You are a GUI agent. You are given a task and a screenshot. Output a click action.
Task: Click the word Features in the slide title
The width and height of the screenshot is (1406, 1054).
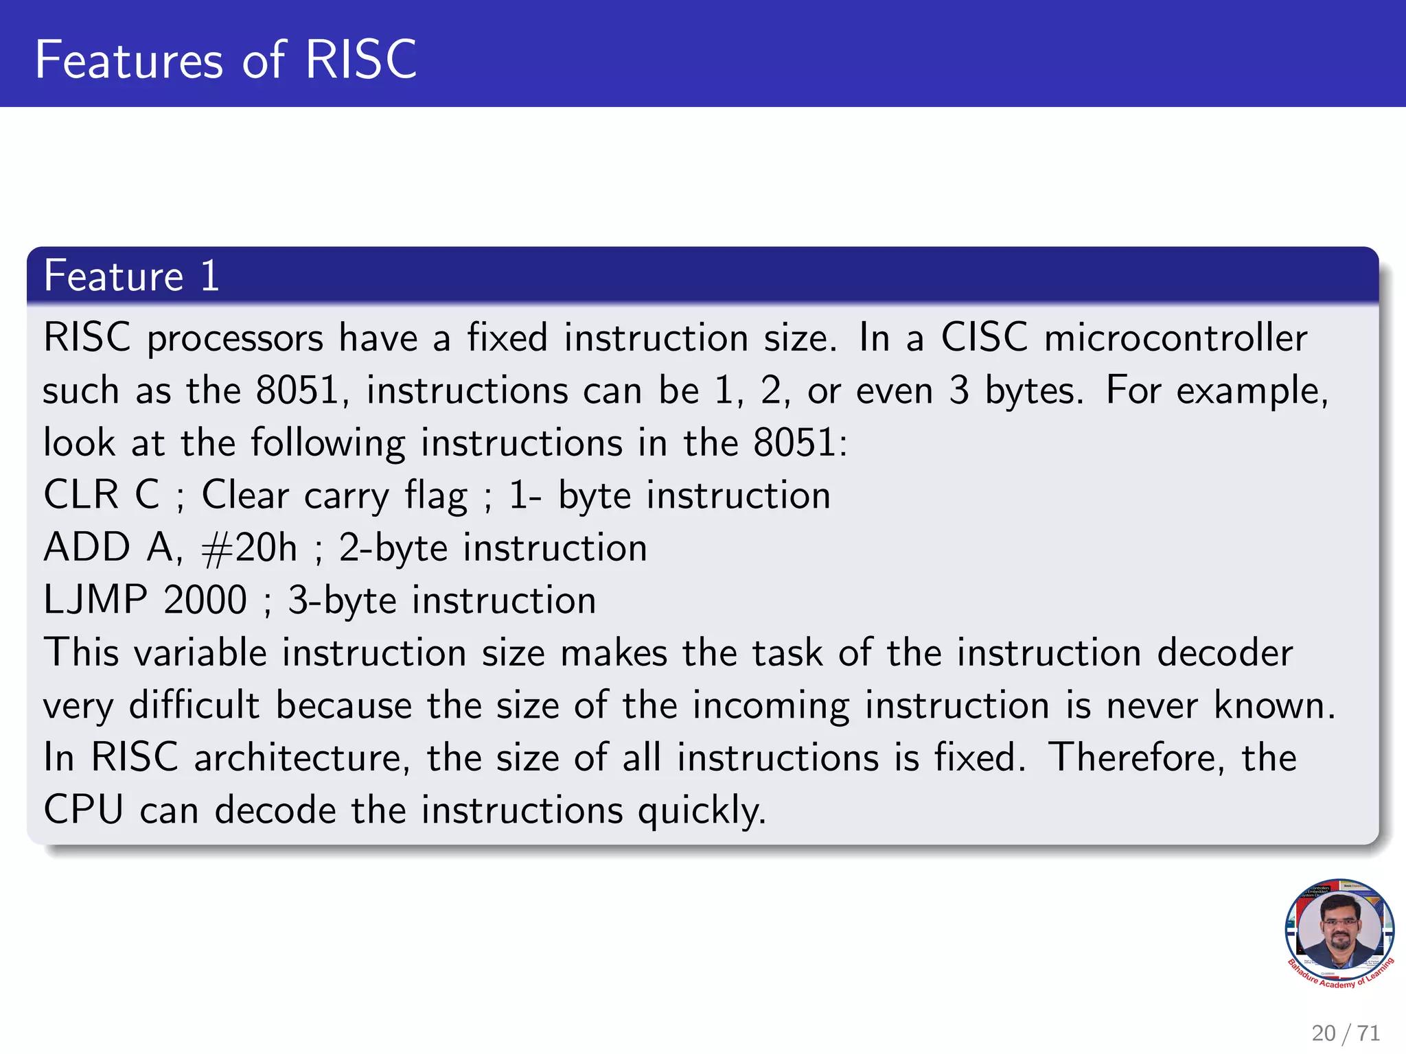(129, 60)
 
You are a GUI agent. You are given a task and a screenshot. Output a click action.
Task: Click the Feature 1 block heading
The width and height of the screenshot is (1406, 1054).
(131, 276)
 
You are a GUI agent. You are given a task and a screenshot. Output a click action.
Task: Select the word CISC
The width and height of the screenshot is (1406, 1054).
(984, 338)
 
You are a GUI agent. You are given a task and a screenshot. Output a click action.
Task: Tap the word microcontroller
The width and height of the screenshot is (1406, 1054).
(1175, 338)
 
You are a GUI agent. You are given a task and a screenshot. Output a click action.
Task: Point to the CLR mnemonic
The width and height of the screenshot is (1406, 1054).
(81, 495)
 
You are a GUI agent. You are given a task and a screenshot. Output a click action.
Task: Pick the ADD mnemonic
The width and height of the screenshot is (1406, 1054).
(87, 548)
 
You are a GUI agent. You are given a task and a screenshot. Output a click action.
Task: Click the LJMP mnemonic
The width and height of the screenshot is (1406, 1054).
(95, 600)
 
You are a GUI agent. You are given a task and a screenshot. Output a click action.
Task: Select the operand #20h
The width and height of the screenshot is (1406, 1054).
(249, 548)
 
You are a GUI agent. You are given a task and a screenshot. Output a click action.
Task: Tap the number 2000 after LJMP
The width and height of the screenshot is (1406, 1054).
(205, 600)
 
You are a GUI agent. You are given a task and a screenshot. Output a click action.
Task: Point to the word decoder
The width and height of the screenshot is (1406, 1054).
(1225, 653)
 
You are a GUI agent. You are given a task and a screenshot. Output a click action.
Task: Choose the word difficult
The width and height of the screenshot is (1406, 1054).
(194, 705)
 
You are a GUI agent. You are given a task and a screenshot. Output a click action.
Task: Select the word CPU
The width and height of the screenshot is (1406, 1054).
(83, 810)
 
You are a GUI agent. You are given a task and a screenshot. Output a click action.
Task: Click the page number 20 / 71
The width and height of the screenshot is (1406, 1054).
(1345, 1033)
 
